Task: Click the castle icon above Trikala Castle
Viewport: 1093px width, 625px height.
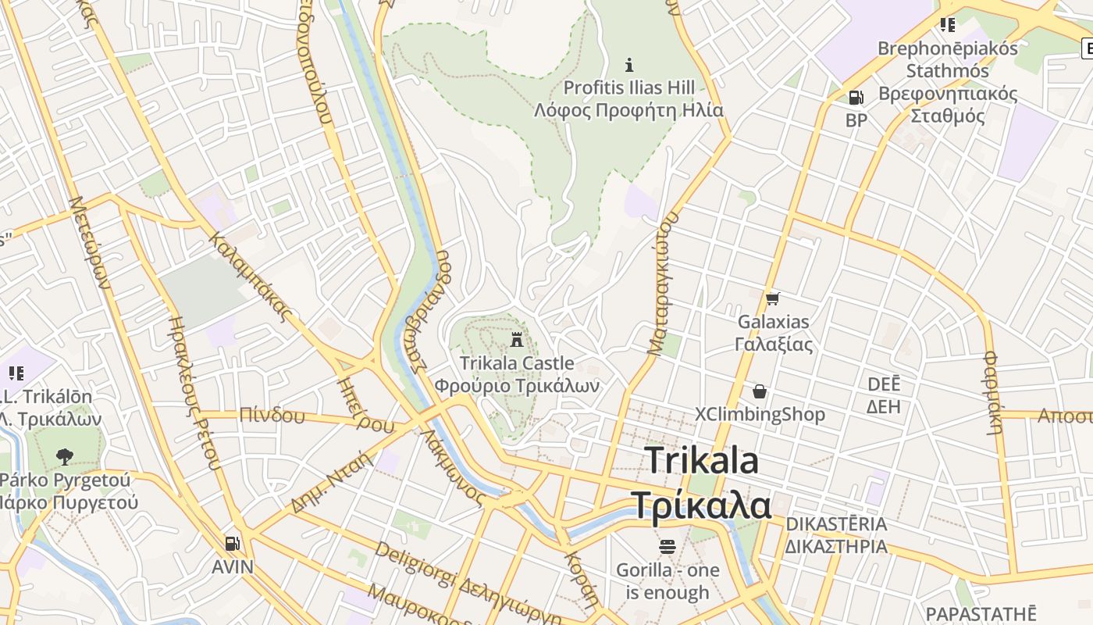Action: coord(516,340)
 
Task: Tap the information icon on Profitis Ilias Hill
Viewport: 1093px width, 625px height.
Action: coord(629,64)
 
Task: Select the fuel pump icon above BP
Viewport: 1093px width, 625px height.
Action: coord(856,98)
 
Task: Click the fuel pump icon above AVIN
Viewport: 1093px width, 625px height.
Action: coord(232,543)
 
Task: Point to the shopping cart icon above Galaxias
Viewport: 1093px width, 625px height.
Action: coord(773,298)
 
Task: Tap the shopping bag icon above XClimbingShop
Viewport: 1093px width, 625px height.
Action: coord(760,391)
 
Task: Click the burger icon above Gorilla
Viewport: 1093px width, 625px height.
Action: coord(667,546)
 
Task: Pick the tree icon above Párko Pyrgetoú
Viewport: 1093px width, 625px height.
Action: coord(65,456)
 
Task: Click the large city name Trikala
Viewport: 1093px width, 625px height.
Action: coord(702,460)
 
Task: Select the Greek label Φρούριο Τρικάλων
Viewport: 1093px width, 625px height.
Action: coord(517,386)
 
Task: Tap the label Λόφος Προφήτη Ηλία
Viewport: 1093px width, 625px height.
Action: coord(628,110)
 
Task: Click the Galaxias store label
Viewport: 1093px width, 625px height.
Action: coord(774,321)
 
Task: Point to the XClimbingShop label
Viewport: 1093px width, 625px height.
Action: coord(760,414)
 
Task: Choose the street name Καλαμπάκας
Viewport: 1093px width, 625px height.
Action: coord(251,276)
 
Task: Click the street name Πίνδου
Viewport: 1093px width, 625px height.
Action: coord(272,415)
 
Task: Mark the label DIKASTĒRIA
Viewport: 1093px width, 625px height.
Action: coord(836,523)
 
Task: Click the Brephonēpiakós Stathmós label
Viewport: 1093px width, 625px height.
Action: coord(948,59)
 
